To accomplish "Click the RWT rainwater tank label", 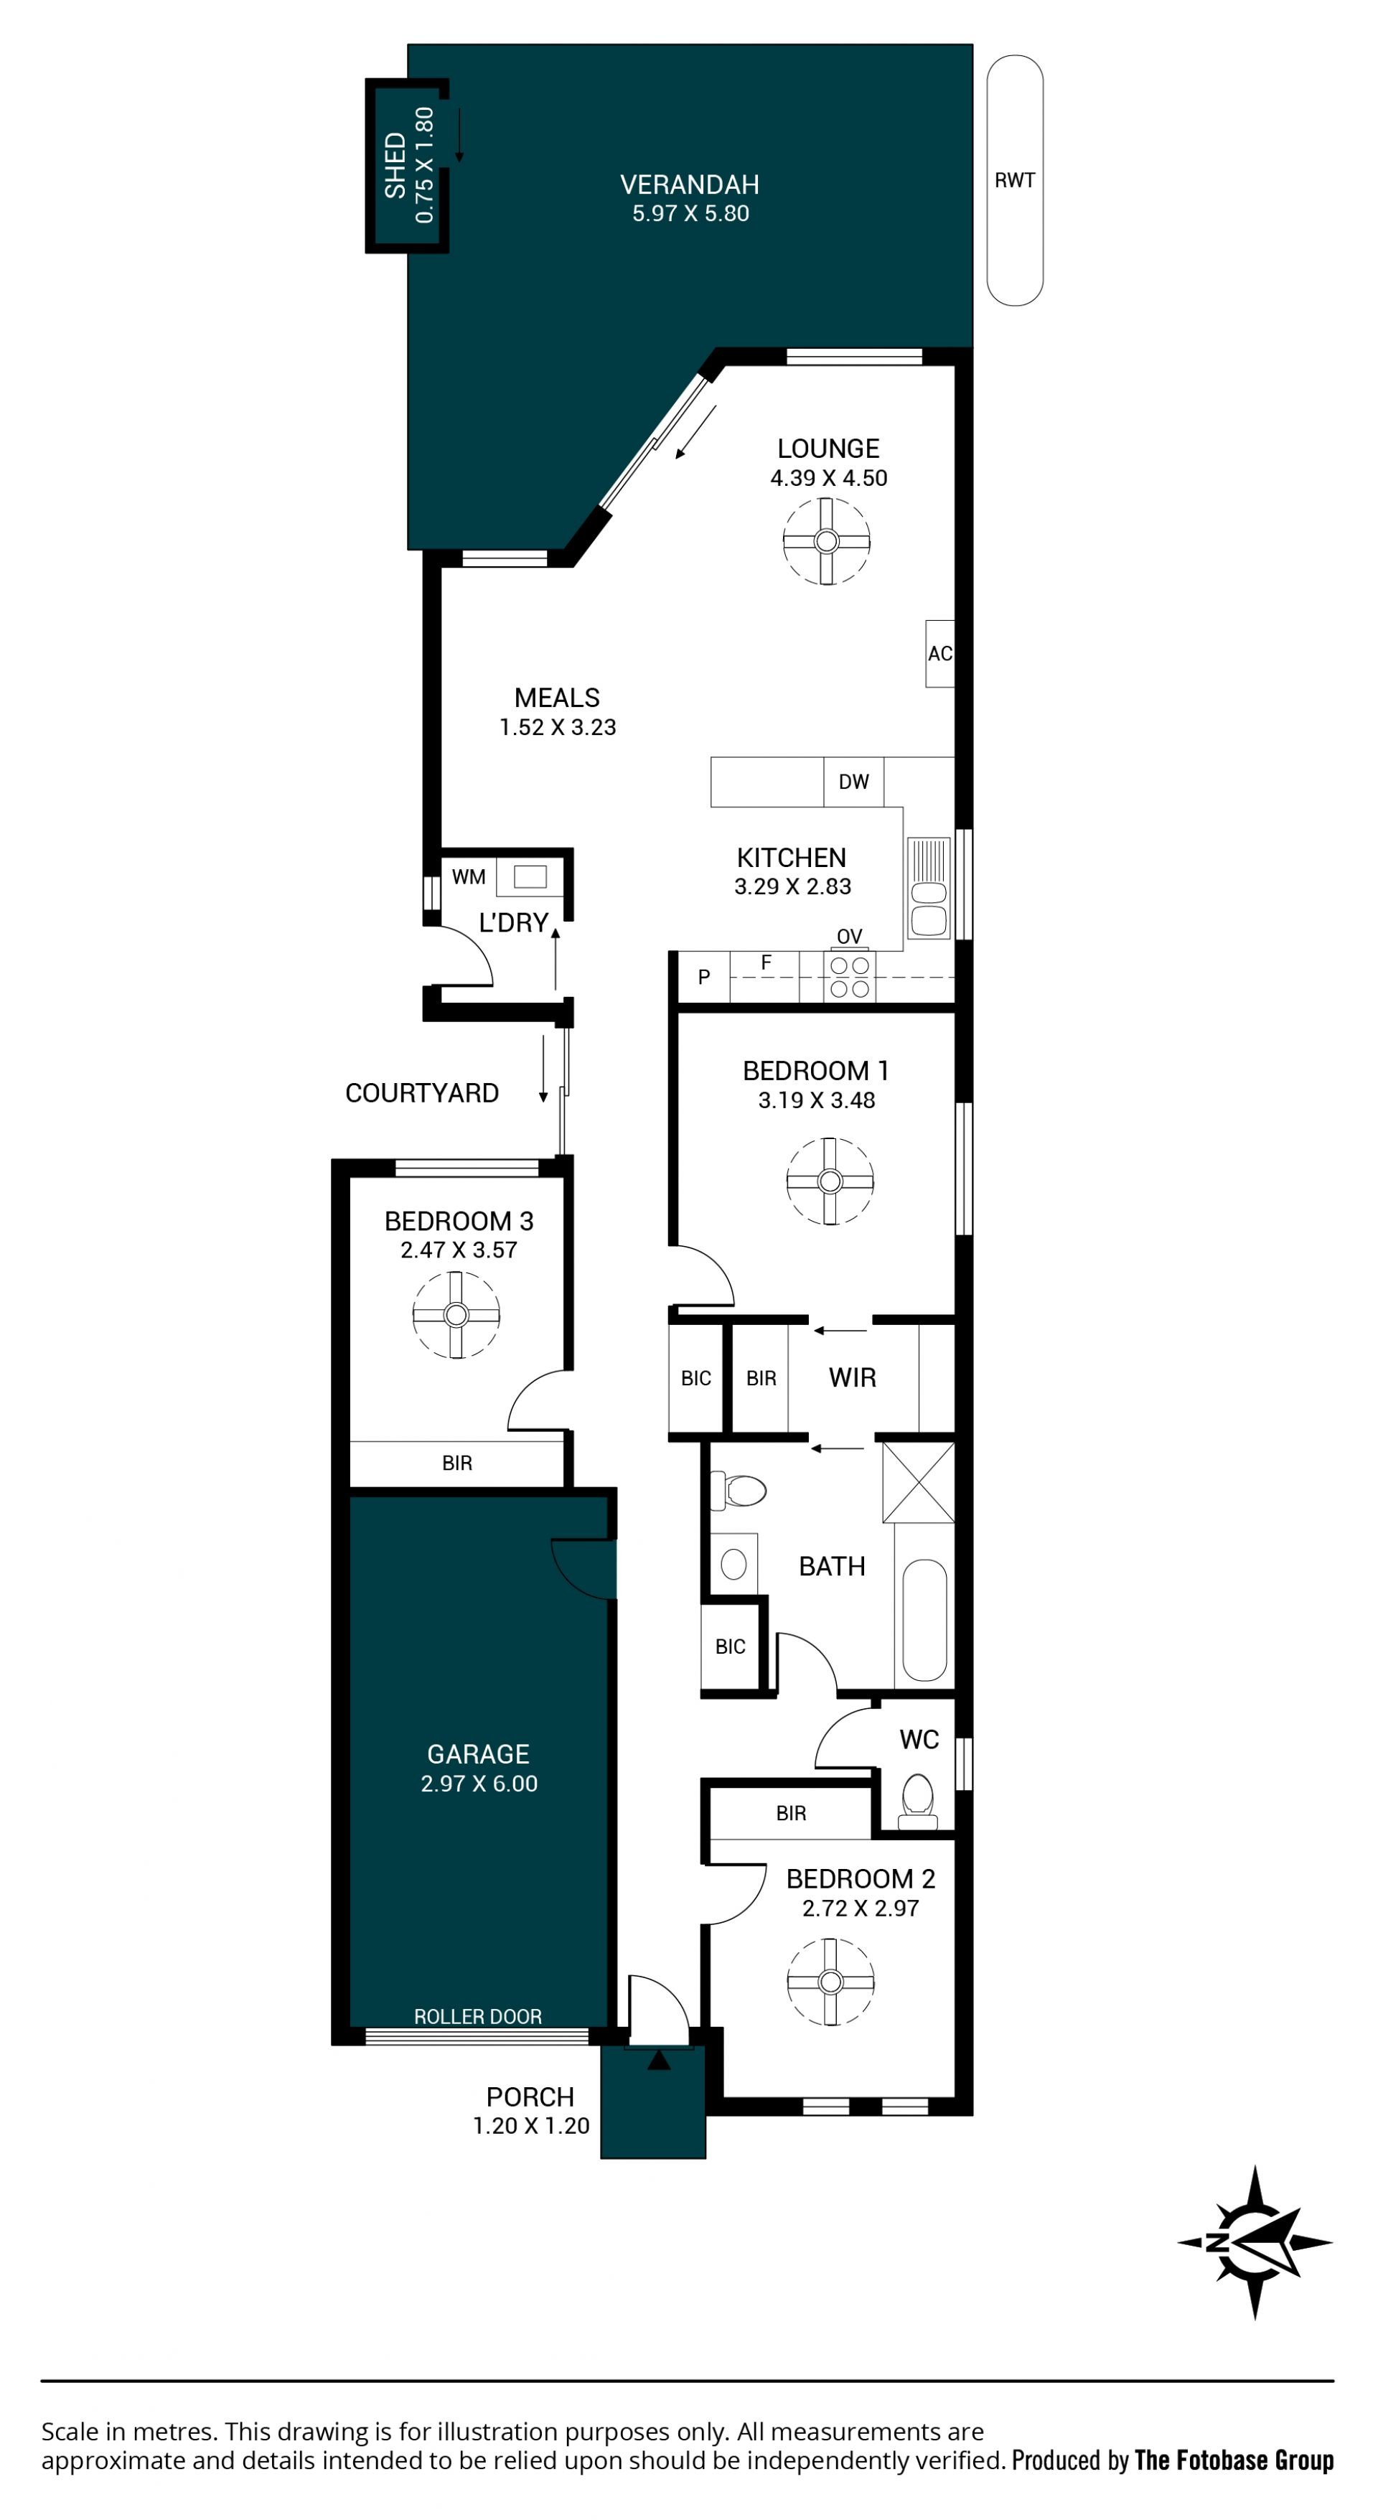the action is [1014, 180].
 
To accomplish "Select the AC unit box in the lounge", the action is [940, 653].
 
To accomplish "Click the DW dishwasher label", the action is [854, 782].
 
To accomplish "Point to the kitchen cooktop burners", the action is [849, 976].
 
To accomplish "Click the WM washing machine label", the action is [469, 876].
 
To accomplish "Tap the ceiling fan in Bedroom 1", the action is [830, 1181].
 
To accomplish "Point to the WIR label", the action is [852, 1377].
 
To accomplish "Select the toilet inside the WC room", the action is [917, 1803].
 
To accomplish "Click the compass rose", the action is [1255, 2242].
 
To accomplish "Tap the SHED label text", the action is [395, 165].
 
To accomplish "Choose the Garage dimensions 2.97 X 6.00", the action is [479, 1784].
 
